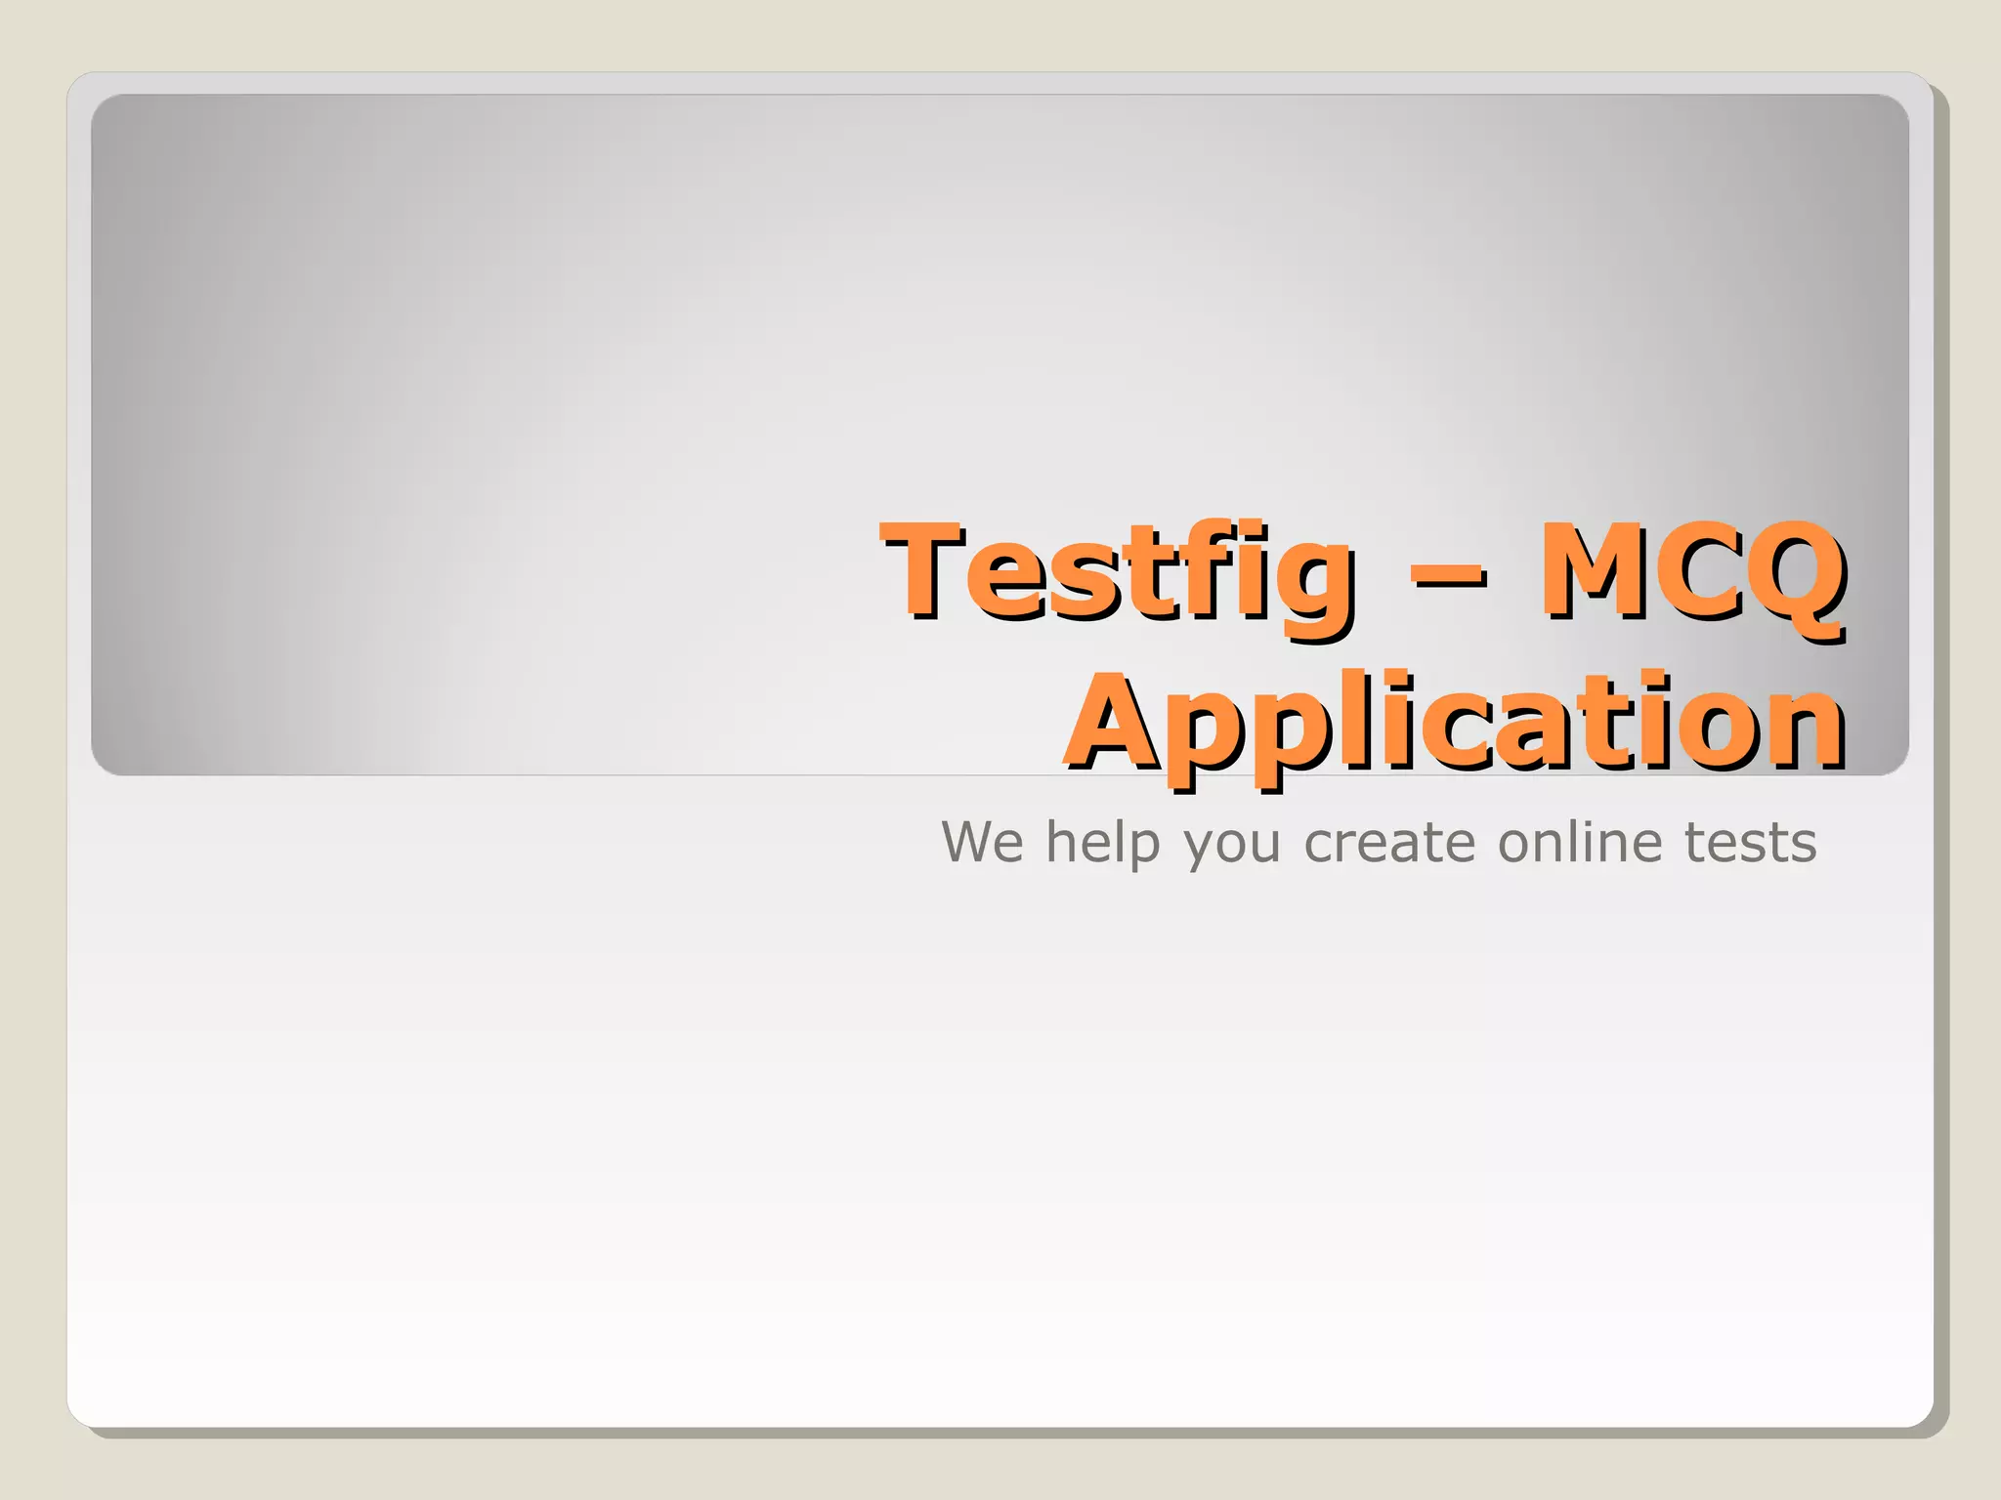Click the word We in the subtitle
(x=982, y=842)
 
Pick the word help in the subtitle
(x=1103, y=842)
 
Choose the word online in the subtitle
(x=1580, y=842)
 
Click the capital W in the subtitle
(x=973, y=842)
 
